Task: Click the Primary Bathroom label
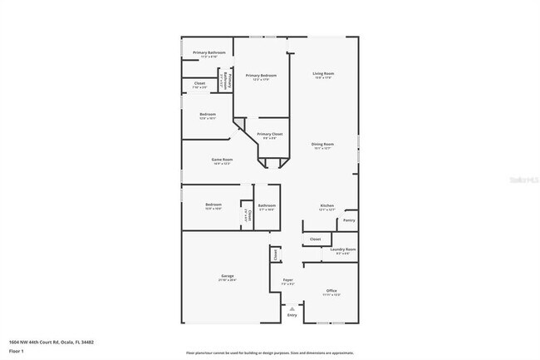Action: [x=209, y=52]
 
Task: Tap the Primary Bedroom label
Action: [x=261, y=76]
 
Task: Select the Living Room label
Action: [x=323, y=73]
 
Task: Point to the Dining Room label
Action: [x=322, y=145]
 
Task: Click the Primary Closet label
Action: [x=270, y=134]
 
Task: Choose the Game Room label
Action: [x=222, y=160]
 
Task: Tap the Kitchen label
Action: [x=327, y=206]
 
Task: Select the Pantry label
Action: [x=349, y=220]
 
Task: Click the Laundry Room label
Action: [x=343, y=249]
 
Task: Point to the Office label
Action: [x=331, y=290]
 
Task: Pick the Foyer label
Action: [x=287, y=280]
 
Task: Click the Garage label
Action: [x=227, y=275]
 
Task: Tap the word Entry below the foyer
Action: [x=292, y=315]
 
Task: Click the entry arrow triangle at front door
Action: [x=292, y=308]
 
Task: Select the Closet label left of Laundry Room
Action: [x=315, y=239]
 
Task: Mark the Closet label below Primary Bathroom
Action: [x=200, y=83]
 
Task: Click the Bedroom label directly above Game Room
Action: [x=208, y=114]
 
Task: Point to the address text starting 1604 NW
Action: [x=52, y=341]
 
